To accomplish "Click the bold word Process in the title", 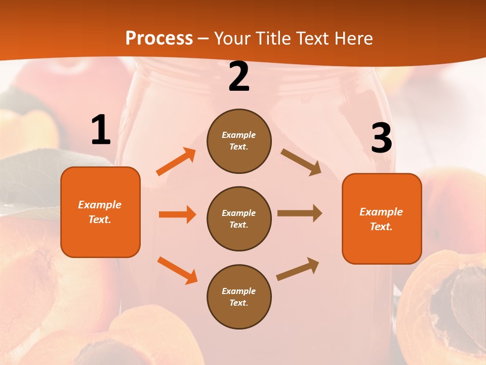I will coord(159,38).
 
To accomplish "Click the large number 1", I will coord(101,130).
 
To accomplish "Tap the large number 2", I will coord(239,77).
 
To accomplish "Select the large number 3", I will coord(381,138).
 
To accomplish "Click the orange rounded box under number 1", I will coord(100,212).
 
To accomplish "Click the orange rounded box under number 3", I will coord(382,218).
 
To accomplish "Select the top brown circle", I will coord(239,141).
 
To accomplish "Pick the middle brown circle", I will coord(239,218).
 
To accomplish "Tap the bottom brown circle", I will coord(239,297).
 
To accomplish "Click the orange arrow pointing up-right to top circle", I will coord(176,162).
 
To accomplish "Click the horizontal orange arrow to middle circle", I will coord(177,214).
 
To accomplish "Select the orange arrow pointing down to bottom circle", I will coord(177,270).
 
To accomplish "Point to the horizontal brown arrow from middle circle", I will coord(300,213).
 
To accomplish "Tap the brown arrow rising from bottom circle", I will coord(298,269).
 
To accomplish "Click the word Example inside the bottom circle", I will coord(238,291).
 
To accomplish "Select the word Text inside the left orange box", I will coord(99,220).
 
